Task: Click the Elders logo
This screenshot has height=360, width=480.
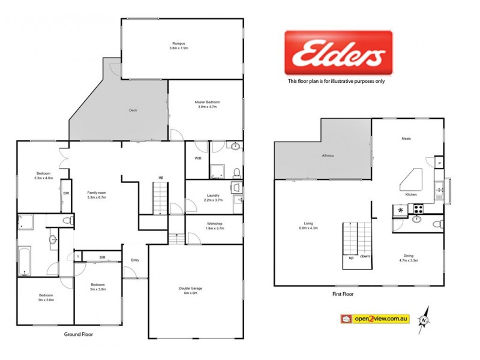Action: click(x=338, y=54)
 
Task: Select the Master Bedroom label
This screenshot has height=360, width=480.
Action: click(x=207, y=103)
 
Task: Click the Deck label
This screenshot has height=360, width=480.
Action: click(x=133, y=110)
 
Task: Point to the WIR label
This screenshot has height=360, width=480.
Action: click(x=197, y=158)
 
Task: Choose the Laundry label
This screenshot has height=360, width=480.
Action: click(x=212, y=196)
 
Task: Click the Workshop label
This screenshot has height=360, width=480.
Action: click(x=215, y=224)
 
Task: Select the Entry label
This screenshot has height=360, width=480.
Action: click(x=135, y=260)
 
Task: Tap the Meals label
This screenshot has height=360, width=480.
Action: click(x=406, y=139)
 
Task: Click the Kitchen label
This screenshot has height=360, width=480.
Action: click(x=411, y=195)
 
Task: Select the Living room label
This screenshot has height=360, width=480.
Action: click(x=308, y=225)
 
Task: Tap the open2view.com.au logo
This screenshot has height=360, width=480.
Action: click(x=374, y=319)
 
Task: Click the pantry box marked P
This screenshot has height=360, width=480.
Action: click(x=439, y=163)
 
